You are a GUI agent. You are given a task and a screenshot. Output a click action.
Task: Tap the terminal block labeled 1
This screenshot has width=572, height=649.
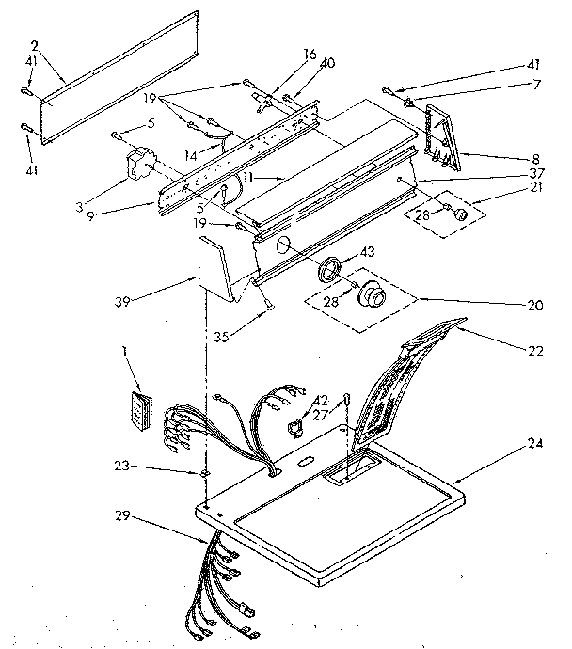139,411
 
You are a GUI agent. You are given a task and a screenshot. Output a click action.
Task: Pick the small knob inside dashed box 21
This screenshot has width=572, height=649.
459,215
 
